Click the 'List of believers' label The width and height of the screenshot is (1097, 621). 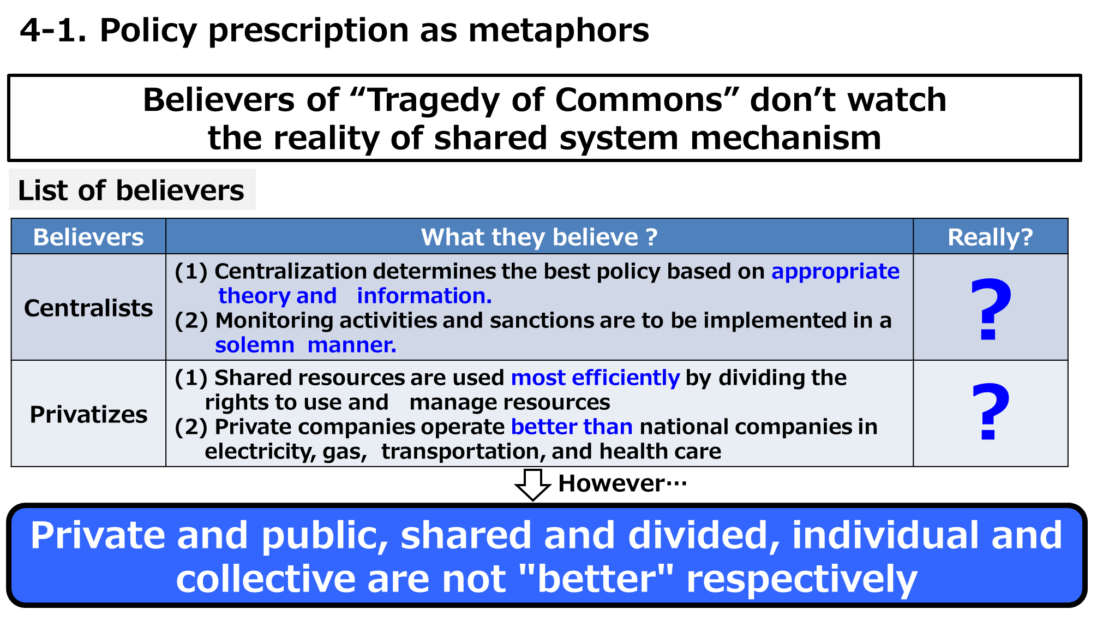pos(131,190)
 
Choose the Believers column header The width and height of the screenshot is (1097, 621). pos(88,237)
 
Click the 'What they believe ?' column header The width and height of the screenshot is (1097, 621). pos(539,237)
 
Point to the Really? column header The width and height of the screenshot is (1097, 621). pos(990,237)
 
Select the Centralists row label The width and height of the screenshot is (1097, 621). pos(88,308)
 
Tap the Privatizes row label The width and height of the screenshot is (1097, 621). pos(88,415)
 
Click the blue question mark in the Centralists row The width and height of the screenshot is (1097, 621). pos(991,309)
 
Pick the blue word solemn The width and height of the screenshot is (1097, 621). pos(255,345)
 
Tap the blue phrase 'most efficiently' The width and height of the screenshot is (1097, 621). pos(595,378)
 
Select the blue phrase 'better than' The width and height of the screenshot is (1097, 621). pos(572,427)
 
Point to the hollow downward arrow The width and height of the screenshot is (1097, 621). pos(533,485)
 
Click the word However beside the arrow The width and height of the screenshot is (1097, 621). pos(611,483)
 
